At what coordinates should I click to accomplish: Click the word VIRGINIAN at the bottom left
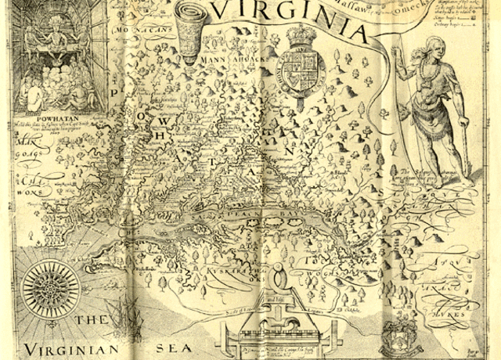coord(70,348)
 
